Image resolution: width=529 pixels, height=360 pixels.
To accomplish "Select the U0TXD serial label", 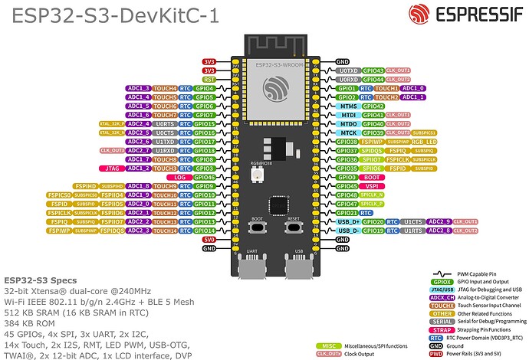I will pos(347,70).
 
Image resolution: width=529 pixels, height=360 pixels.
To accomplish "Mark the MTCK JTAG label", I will pos(347,133).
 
